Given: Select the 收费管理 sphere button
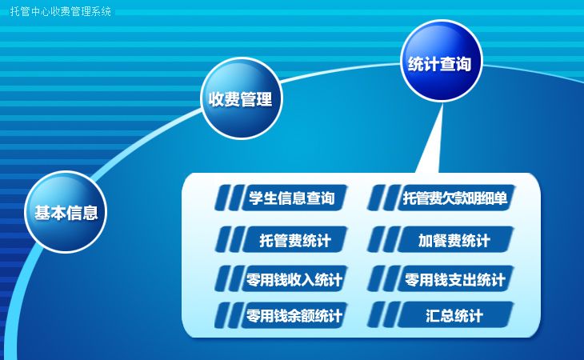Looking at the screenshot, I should (x=241, y=99).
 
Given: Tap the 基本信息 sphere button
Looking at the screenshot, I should (x=66, y=213).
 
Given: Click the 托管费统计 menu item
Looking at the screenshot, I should (x=295, y=240).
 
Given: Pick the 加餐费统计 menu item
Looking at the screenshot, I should (x=454, y=240).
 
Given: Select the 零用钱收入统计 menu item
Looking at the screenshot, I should (x=295, y=280).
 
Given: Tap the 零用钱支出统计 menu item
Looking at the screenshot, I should (x=454, y=280).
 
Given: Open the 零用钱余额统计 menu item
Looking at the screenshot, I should (x=295, y=316).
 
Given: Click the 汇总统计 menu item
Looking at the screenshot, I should (x=454, y=316).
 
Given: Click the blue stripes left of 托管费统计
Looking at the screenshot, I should (x=227, y=240).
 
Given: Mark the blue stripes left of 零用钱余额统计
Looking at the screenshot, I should (x=227, y=316).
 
